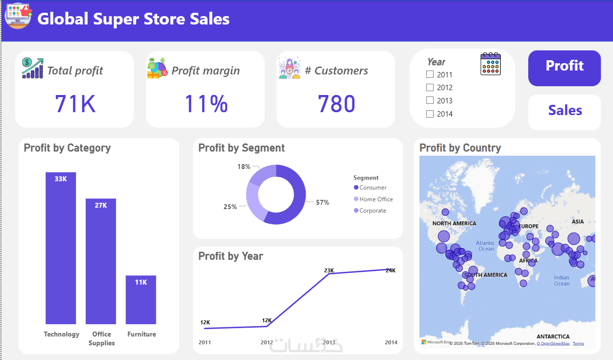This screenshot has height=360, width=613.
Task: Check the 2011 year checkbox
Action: [430, 74]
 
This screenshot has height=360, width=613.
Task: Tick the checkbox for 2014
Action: [430, 114]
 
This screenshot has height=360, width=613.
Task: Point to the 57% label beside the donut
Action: [322, 202]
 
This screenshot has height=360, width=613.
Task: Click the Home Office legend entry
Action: [376, 199]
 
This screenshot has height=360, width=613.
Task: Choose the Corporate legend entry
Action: [372, 211]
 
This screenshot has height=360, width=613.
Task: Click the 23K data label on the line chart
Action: [329, 270]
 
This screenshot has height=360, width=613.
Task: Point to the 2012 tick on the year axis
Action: [267, 342]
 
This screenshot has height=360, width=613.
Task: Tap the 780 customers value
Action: [336, 104]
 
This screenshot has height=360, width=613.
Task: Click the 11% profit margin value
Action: [206, 104]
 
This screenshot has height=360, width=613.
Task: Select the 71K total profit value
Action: [75, 104]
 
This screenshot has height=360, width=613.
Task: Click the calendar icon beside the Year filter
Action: [490, 64]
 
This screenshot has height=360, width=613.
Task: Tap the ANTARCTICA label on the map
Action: [553, 336]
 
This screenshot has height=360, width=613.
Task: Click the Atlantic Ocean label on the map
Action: [486, 246]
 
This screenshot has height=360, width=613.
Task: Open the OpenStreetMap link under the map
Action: [554, 343]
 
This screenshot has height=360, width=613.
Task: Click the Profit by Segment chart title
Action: [241, 148]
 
